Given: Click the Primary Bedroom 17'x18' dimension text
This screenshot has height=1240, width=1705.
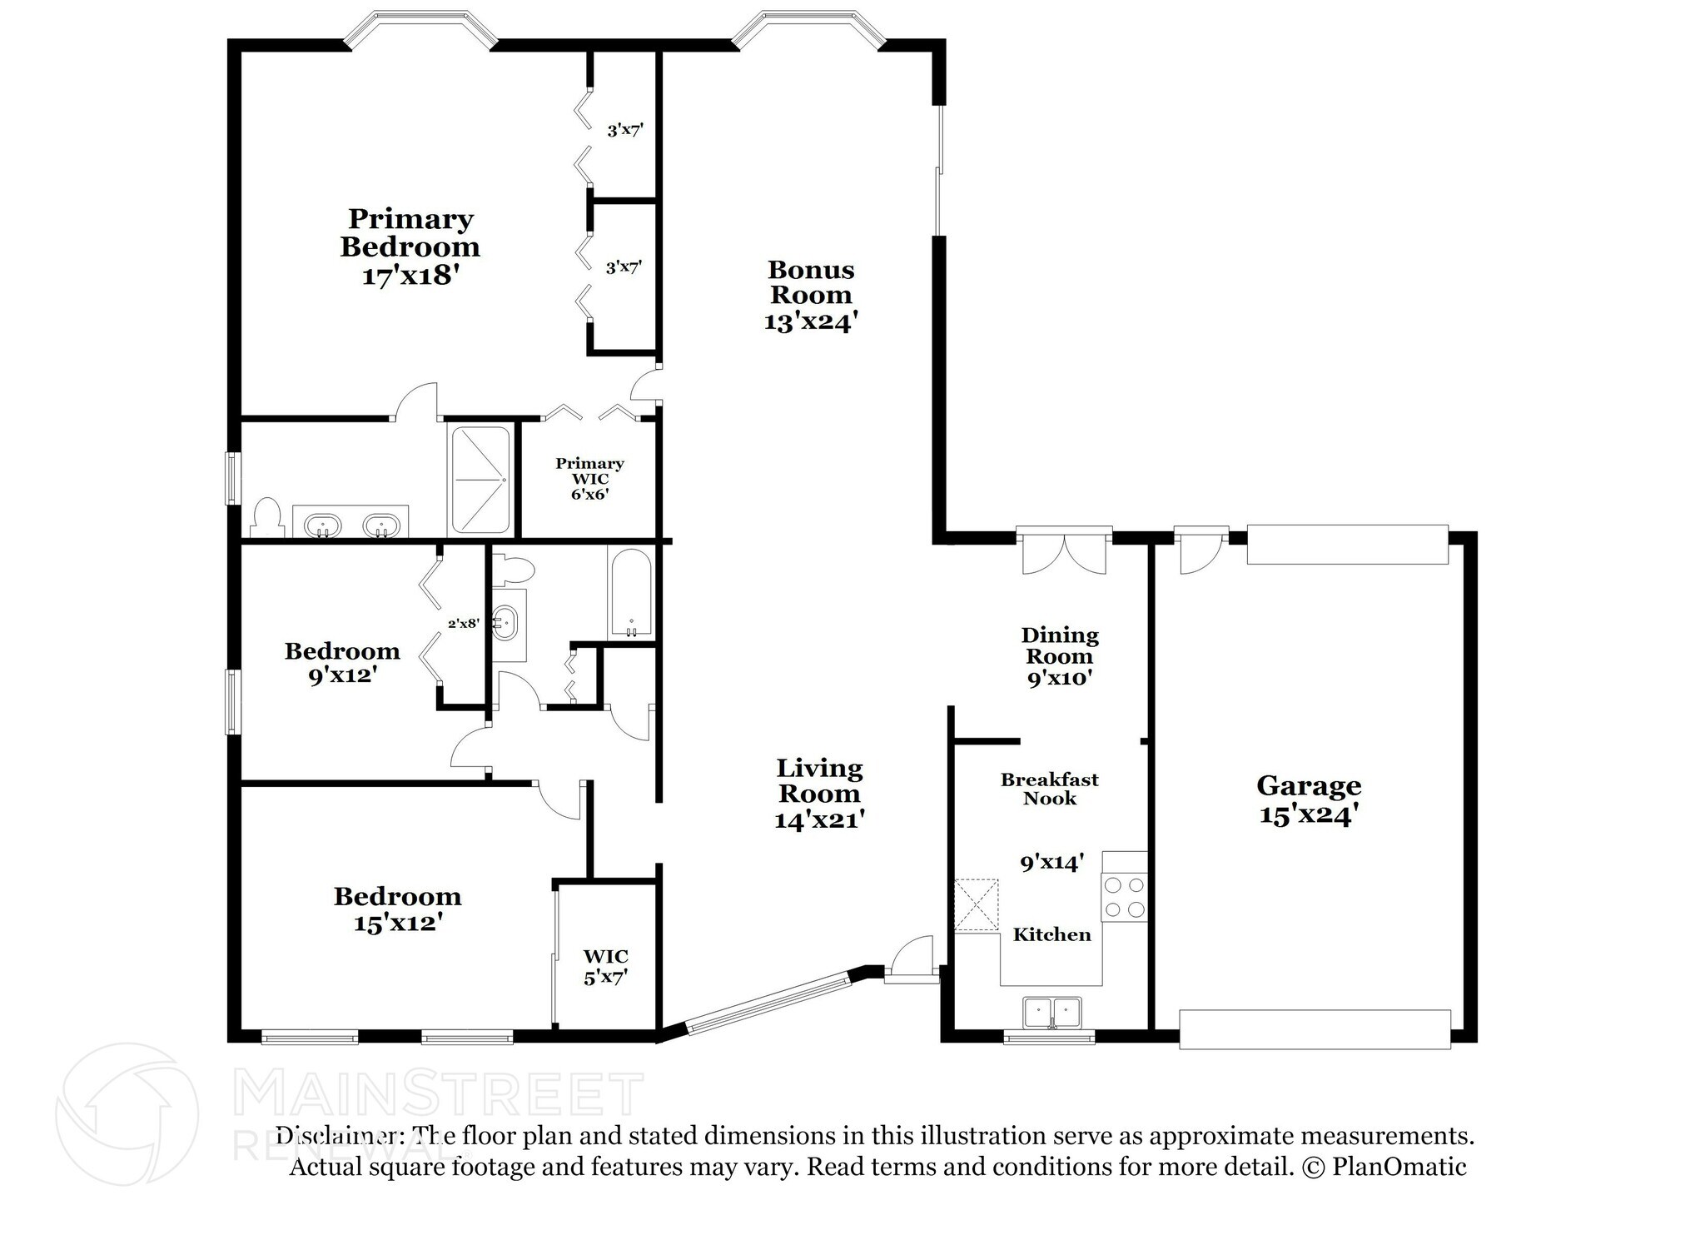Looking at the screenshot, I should click(410, 276).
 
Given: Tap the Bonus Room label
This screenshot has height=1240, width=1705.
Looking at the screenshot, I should click(810, 282).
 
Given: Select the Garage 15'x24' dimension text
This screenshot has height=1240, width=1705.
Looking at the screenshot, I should click(1309, 814).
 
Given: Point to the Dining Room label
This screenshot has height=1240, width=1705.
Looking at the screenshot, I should click(1059, 646).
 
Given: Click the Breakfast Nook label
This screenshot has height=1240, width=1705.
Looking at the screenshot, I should click(1049, 789).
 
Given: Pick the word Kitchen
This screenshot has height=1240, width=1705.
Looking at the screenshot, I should click(1051, 934).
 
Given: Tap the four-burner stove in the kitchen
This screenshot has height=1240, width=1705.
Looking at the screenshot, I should click(1124, 897).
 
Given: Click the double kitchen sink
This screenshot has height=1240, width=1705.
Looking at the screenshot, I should click(1052, 1013).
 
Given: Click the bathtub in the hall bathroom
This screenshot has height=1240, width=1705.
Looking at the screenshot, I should click(630, 593).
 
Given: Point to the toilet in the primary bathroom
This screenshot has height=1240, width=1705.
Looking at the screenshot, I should click(267, 517).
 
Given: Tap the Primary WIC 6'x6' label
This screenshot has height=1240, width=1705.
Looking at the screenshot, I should click(589, 478).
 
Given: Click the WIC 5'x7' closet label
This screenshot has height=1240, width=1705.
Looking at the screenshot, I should click(605, 967).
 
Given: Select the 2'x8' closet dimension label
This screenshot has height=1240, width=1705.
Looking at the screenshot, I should click(463, 622).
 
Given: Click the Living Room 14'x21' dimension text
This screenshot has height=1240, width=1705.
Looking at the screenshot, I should click(819, 820).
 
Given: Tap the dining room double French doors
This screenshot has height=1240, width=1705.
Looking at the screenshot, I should click(1063, 552).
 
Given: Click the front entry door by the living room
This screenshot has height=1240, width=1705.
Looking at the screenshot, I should click(911, 960).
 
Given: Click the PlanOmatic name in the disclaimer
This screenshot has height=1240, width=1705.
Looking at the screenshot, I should click(1399, 1167).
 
